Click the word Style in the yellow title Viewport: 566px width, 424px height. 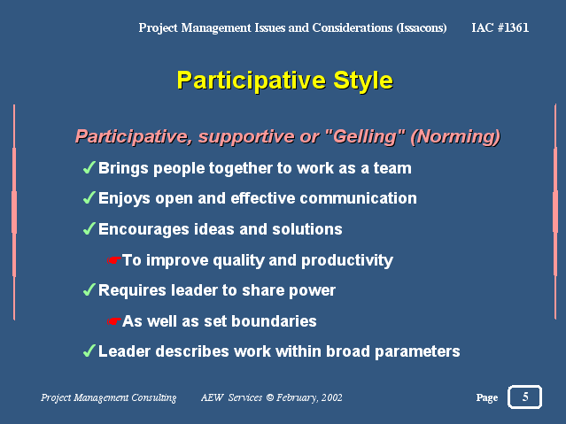click(x=363, y=81)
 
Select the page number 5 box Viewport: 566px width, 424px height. click(x=524, y=397)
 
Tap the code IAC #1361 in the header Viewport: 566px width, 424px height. click(x=500, y=27)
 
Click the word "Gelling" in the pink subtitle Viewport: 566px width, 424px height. click(x=365, y=137)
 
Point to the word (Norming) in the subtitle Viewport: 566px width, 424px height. click(x=455, y=137)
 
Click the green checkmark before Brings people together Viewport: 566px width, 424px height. click(x=89, y=167)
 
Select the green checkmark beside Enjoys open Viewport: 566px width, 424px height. click(x=89, y=197)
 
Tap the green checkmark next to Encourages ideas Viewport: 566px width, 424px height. click(x=89, y=228)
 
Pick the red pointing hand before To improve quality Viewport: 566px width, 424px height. click(x=113, y=260)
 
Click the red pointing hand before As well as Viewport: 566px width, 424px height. click(x=113, y=320)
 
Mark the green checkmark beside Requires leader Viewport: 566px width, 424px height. click(x=89, y=289)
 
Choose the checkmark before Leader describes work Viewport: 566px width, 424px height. click(x=89, y=351)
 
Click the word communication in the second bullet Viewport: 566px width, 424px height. click(x=358, y=198)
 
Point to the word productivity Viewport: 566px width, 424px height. click(x=347, y=260)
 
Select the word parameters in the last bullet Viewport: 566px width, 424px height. click(x=418, y=351)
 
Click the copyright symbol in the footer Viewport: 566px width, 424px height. click(x=269, y=397)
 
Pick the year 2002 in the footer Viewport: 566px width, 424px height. click(x=332, y=397)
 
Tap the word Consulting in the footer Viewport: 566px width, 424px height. click(x=154, y=398)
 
